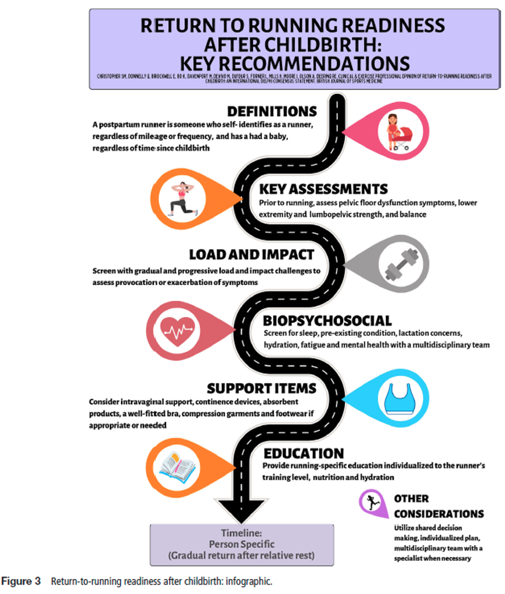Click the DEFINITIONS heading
[273, 111]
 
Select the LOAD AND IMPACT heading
[251, 255]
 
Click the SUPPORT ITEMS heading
[262, 389]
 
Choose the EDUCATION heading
[304, 453]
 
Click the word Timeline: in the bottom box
[241, 534]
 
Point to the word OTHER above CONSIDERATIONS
[412, 499]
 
